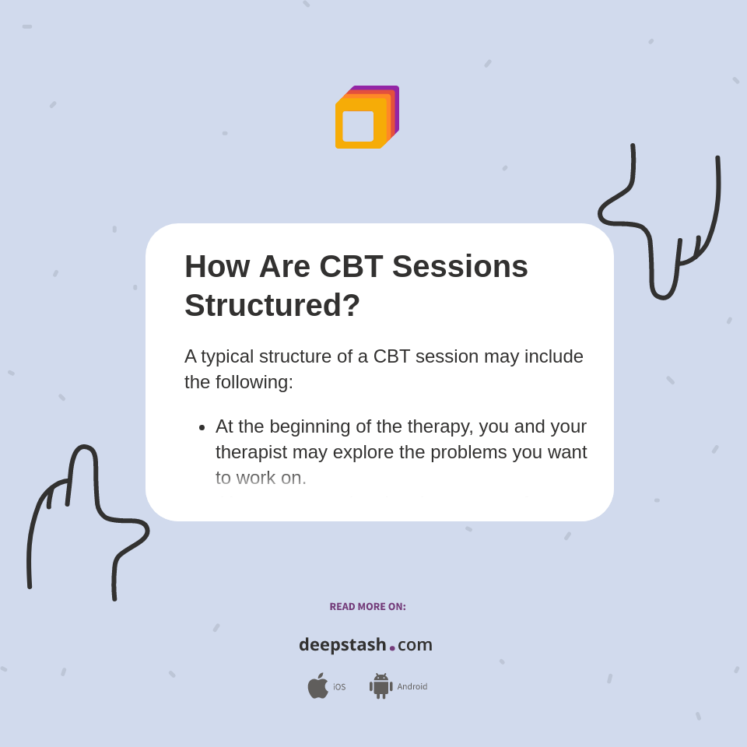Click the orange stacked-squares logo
pos(366,117)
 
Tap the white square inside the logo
pos(358,126)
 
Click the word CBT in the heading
pos(351,266)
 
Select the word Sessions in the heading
pos(460,266)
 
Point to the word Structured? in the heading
pos(272,305)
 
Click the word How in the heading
pos(217,266)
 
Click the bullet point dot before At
pos(202,427)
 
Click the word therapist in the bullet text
pos(254,452)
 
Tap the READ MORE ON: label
pos(367,607)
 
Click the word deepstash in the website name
pos(342,644)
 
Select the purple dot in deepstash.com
pos(392,648)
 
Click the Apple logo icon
pos(317,686)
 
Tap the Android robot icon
pos(381,686)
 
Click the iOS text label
pos(339,687)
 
